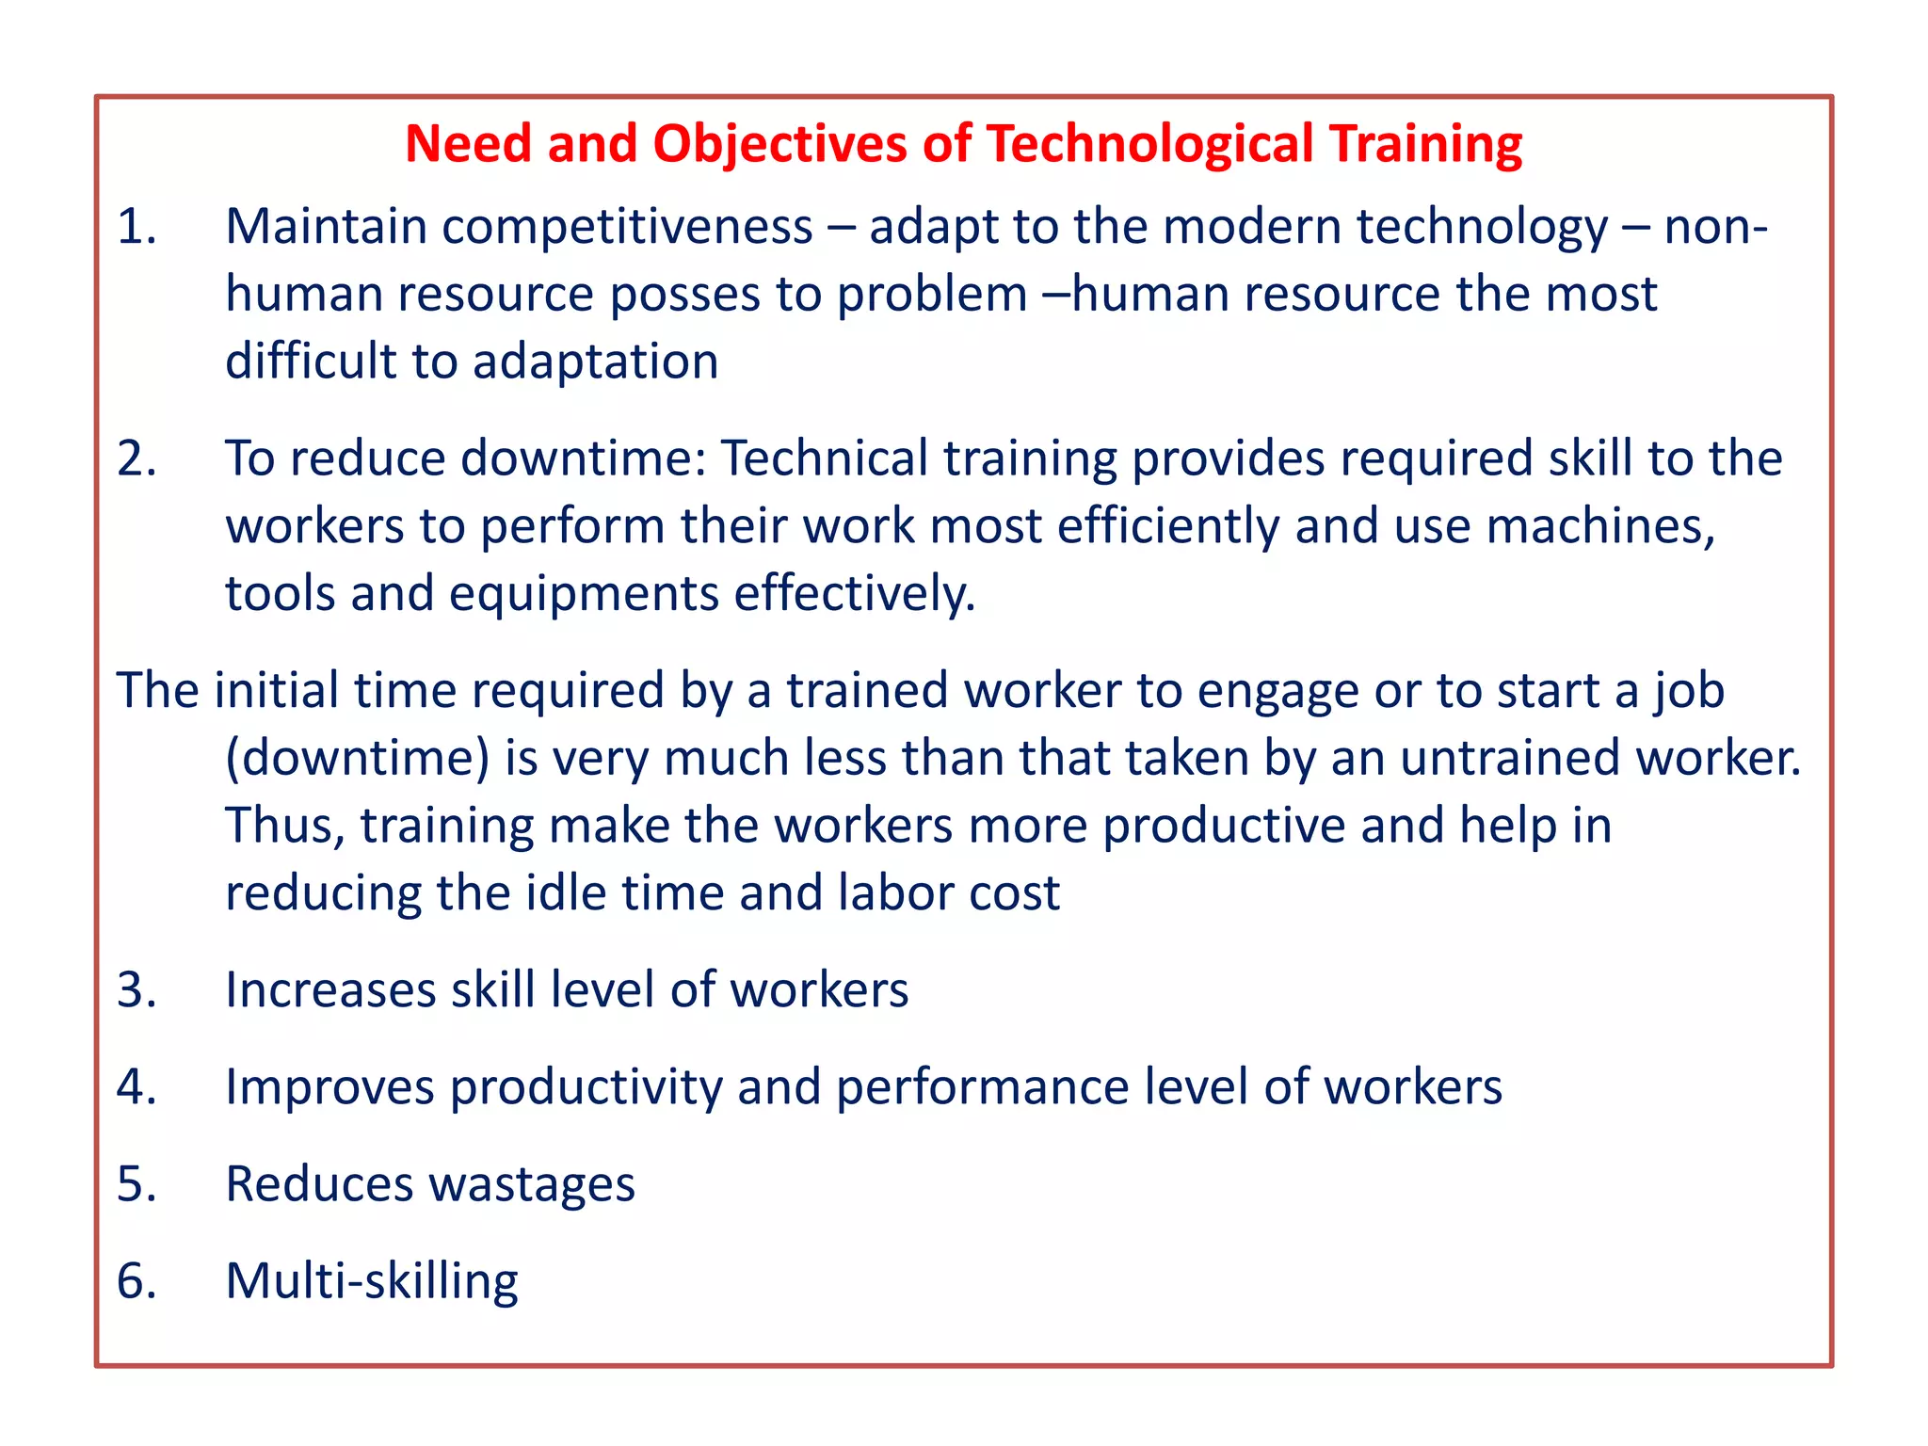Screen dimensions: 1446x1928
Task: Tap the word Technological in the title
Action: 1149,145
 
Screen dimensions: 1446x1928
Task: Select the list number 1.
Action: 136,227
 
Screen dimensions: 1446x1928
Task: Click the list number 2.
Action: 136,458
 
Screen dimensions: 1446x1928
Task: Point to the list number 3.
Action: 136,990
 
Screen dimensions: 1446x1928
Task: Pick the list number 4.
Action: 136,1087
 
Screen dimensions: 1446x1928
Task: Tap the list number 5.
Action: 136,1184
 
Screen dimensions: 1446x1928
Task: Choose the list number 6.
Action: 136,1281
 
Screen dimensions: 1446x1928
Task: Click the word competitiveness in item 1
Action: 627,229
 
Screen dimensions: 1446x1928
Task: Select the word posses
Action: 684,296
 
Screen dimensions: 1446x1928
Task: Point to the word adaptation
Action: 595,362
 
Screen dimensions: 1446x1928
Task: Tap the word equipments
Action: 584,595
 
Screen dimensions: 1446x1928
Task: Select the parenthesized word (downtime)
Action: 358,759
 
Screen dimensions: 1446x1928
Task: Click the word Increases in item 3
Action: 330,990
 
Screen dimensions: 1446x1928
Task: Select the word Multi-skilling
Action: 372,1282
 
